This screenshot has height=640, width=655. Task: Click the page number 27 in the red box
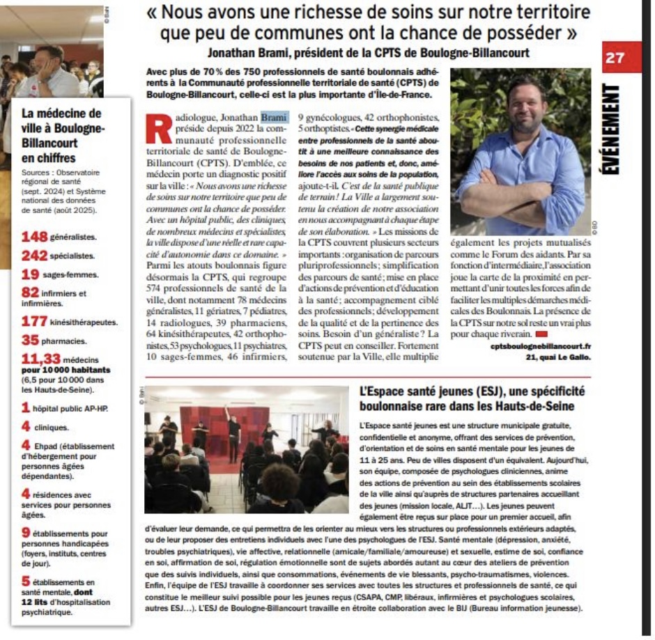coord(615,58)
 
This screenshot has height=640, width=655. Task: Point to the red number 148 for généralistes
coord(34,237)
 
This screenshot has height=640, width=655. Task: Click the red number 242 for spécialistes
coord(34,256)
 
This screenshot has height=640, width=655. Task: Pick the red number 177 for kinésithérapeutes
coord(34,321)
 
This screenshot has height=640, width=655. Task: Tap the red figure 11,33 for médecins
coord(41,359)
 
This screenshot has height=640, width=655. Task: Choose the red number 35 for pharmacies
coord(30,341)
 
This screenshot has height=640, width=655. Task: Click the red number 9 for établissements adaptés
coord(26,532)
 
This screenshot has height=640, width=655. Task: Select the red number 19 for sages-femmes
coord(30,274)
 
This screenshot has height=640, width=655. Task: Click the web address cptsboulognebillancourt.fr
coord(540,346)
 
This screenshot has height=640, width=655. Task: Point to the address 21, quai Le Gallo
coord(558,357)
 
